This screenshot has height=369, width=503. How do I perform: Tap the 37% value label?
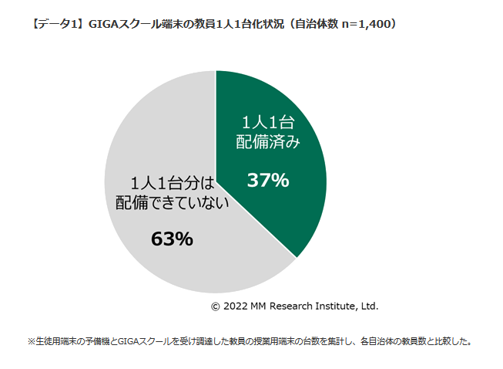coord(267,181)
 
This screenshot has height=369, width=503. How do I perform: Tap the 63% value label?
coord(172,239)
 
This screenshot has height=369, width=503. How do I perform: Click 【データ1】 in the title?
coord(57,24)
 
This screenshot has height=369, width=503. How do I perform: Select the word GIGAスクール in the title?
coord(122,24)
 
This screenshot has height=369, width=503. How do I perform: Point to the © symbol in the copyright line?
coord(216,306)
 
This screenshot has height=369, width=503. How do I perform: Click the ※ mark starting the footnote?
coord(32,340)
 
